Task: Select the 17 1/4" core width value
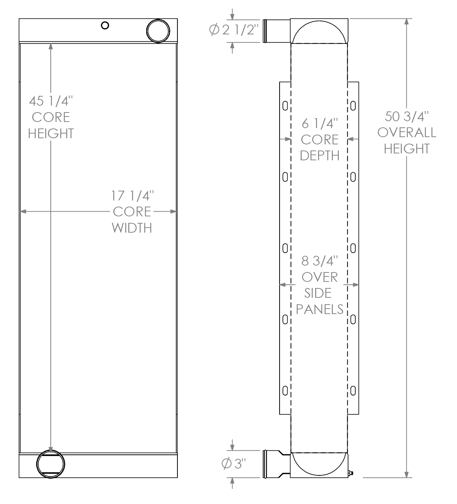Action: click(x=132, y=196)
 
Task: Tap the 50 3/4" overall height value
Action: click(x=406, y=117)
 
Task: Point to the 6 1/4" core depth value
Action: click(x=319, y=124)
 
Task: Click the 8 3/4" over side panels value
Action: click(x=319, y=261)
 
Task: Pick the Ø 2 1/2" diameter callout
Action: click(x=234, y=30)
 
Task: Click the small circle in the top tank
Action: click(x=105, y=25)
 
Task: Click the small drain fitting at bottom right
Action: click(x=351, y=473)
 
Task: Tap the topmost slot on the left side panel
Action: click(x=285, y=106)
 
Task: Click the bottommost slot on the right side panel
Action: click(x=353, y=390)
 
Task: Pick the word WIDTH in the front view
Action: click(x=132, y=228)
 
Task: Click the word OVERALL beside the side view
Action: click(x=406, y=133)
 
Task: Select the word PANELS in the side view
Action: click(x=319, y=309)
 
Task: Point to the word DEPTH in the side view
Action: click(x=319, y=156)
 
